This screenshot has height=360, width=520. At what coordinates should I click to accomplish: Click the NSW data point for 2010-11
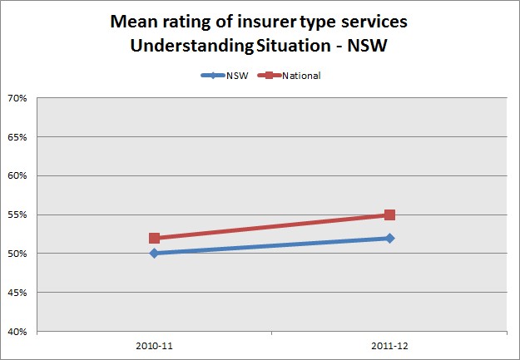click(154, 253)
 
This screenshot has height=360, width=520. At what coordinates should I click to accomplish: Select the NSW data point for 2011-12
click(389, 238)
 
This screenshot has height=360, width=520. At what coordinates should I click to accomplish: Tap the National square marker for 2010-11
click(154, 238)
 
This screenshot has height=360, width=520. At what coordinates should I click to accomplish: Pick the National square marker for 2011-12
click(389, 215)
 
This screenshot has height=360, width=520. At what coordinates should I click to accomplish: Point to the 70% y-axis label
click(17, 98)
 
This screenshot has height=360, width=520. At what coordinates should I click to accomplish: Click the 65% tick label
click(17, 137)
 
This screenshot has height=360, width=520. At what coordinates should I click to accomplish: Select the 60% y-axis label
click(17, 175)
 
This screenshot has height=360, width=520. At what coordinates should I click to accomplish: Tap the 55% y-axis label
click(17, 215)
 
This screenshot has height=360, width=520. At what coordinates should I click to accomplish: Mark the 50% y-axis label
click(17, 253)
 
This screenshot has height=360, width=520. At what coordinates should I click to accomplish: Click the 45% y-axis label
click(17, 292)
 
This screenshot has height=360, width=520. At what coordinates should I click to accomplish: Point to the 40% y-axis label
click(17, 331)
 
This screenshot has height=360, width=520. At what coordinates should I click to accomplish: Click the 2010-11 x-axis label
click(154, 343)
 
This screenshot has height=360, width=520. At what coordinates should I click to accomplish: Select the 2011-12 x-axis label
click(389, 343)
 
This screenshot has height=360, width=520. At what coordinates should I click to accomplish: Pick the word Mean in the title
click(131, 20)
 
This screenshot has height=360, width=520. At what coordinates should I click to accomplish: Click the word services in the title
click(376, 20)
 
